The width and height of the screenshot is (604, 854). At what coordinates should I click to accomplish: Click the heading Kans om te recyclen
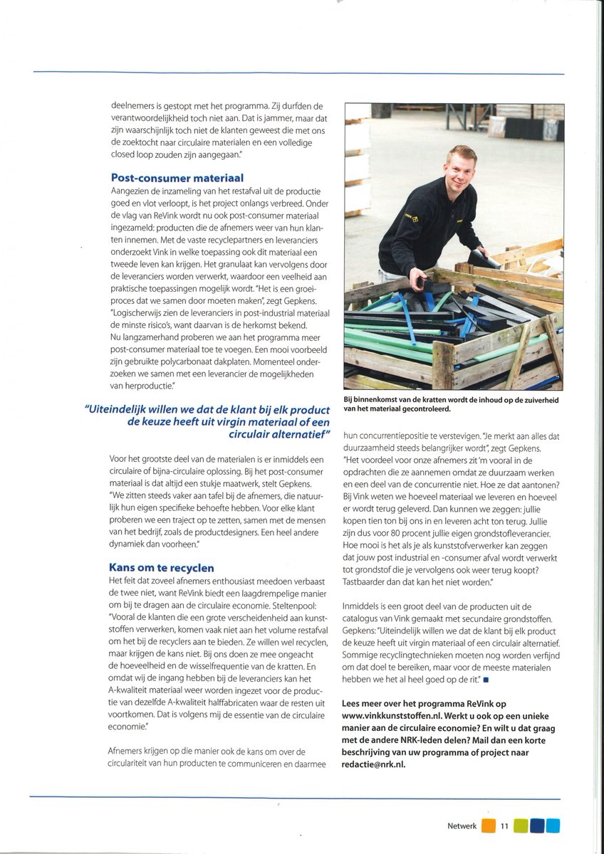[x=162, y=568]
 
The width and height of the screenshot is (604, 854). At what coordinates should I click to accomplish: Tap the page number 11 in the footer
[x=504, y=826]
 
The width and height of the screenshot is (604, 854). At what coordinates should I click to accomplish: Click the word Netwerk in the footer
[x=462, y=826]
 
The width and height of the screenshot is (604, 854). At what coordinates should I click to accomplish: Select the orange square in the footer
[x=488, y=826]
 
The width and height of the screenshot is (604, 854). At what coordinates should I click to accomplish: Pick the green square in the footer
[x=521, y=826]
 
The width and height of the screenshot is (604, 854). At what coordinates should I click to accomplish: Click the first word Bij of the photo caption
[x=349, y=401]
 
